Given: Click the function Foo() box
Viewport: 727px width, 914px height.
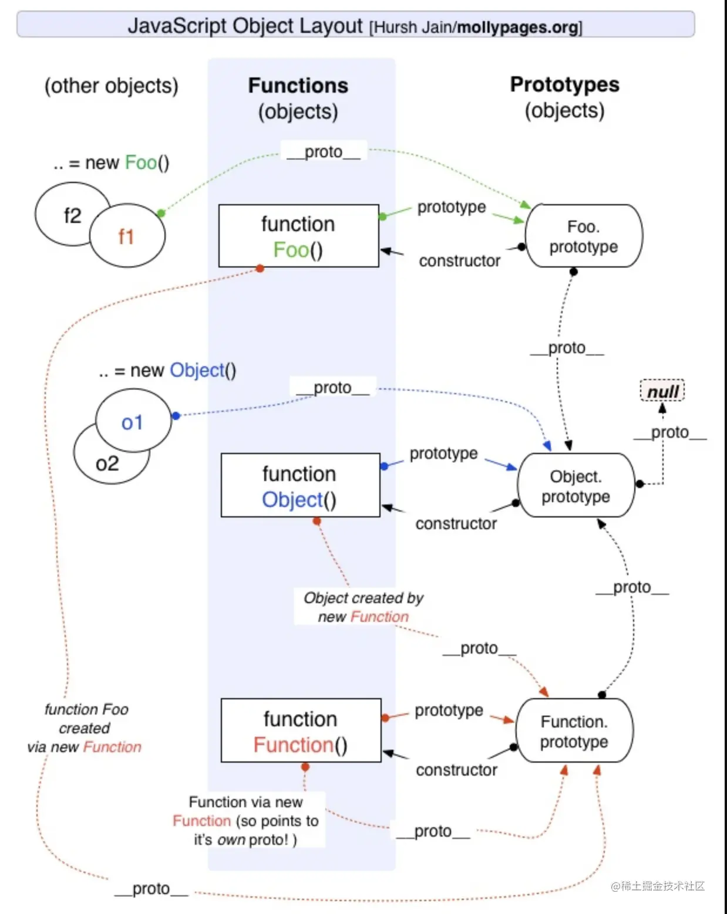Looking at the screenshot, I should tap(298, 236).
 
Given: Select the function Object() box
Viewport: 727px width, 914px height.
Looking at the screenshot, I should tap(300, 485).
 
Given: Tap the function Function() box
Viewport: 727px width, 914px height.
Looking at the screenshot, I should tap(301, 730).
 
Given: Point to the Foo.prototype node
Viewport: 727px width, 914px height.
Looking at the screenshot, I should tap(584, 236).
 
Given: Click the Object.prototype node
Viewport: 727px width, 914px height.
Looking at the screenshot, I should tap(576, 485).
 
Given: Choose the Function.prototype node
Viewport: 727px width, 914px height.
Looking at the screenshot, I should tap(574, 731).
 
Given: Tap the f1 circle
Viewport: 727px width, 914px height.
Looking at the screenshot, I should tap(127, 236).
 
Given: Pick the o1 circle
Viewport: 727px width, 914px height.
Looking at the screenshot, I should tap(133, 421).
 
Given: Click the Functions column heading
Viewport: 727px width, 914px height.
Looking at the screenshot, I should tap(298, 86).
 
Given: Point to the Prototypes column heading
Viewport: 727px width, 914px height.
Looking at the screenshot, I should tap(564, 85).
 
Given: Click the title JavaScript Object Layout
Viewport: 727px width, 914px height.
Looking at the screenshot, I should tap(245, 26).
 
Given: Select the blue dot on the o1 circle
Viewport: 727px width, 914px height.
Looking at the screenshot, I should tap(176, 416).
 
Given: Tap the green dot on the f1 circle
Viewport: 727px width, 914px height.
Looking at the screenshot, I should tap(161, 213).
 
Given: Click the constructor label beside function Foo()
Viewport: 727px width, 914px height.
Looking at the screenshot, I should tap(459, 261).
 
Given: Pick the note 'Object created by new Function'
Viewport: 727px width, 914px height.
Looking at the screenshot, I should tap(363, 607).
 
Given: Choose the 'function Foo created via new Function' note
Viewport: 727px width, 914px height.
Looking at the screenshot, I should tap(85, 728).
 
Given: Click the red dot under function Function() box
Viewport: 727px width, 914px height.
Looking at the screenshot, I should tap(305, 767).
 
